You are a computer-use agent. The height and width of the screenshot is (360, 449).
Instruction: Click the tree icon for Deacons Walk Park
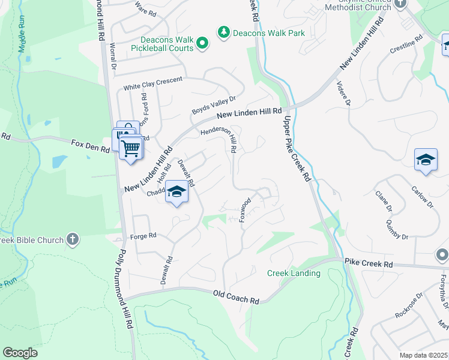point(224,32)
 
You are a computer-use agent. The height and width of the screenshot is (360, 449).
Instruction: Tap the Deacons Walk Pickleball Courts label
point(163,44)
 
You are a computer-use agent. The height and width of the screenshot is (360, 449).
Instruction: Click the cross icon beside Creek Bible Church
point(73,239)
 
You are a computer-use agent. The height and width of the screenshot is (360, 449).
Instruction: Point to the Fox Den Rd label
point(90,145)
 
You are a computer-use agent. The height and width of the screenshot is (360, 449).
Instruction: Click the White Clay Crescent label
point(152,83)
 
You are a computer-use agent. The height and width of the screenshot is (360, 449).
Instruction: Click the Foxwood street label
point(245,209)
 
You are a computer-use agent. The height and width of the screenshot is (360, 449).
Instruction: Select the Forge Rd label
point(143,235)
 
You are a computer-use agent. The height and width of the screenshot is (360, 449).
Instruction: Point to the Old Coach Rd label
point(236,296)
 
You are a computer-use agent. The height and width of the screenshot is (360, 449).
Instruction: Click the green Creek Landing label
point(294,274)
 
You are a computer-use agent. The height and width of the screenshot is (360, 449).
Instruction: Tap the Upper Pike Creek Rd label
point(295,149)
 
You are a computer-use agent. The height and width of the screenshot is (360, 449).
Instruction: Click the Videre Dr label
point(343,94)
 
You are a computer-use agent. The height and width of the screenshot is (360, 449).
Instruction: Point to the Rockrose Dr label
point(409,305)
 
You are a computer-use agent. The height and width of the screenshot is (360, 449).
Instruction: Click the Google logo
point(20,353)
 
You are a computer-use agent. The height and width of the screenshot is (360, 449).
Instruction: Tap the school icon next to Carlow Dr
point(426,160)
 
